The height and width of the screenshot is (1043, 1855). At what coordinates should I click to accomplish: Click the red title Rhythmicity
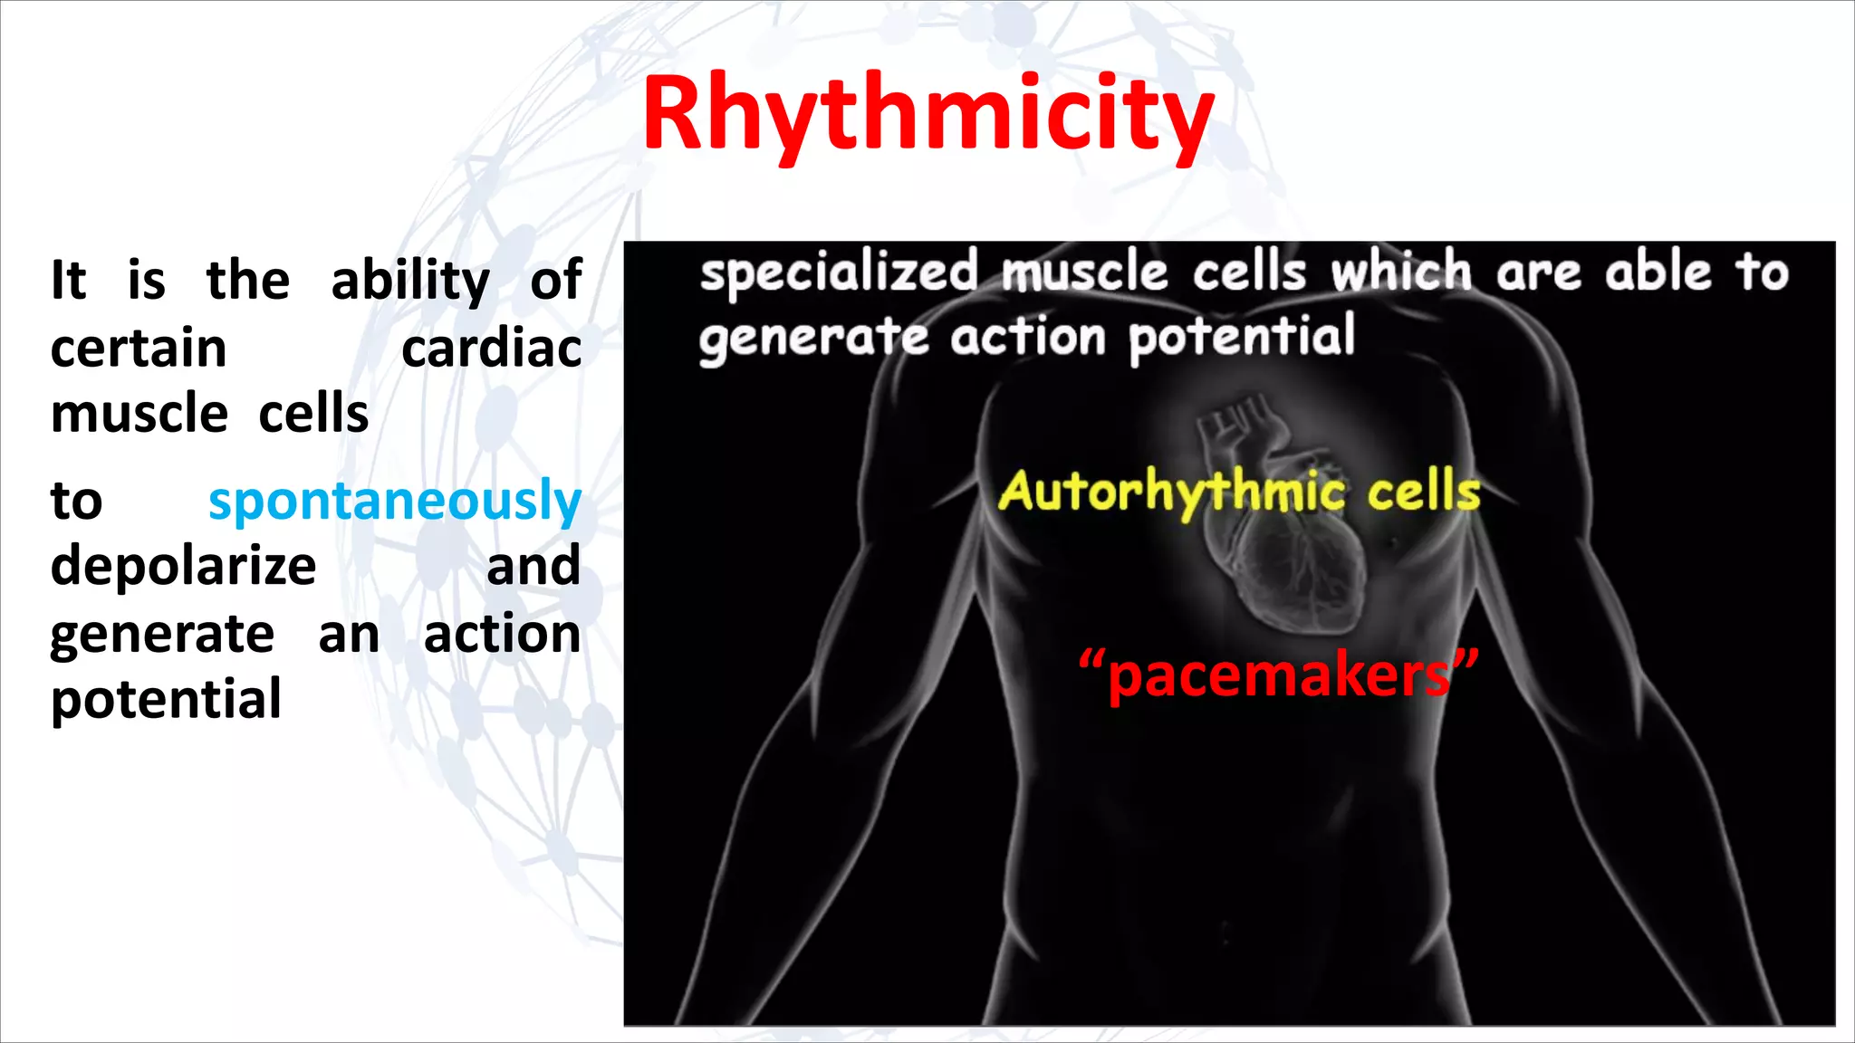point(927,116)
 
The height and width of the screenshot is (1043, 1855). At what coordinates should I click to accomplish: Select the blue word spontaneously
point(395,502)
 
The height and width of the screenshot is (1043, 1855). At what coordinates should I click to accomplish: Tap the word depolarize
point(183,567)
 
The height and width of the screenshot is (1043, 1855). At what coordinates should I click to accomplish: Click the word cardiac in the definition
point(491,349)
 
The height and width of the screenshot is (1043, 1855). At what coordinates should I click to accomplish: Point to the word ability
point(409,282)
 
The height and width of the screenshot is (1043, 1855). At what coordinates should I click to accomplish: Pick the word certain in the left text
point(139,349)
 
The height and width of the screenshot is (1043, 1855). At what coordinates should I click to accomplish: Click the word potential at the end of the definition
point(166,699)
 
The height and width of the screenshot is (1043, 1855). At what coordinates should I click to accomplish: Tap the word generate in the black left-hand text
point(162,634)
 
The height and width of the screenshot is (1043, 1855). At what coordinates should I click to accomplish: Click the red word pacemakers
point(1279,677)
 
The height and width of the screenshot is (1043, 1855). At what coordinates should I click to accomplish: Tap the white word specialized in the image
point(840,273)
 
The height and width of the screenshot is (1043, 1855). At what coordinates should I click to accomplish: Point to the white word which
point(1401,272)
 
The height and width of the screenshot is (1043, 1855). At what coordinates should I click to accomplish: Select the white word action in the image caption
point(1028,338)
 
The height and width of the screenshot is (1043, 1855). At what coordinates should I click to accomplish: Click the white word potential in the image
point(1242,338)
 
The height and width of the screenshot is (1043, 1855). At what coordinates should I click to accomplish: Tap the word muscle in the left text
point(139,415)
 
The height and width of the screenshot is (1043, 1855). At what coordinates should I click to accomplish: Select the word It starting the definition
point(69,281)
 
